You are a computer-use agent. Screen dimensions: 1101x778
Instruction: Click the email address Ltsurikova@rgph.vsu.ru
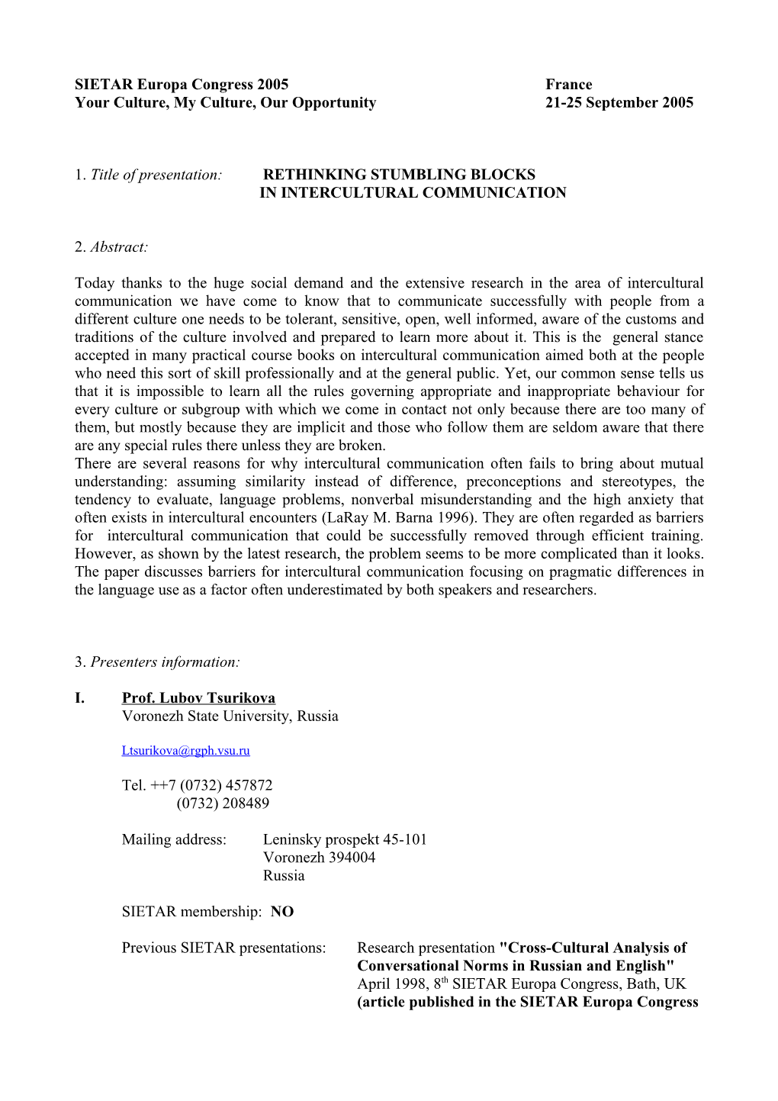pyautogui.click(x=185, y=751)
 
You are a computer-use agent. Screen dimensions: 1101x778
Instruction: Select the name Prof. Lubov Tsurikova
pyautogui.click(x=198, y=698)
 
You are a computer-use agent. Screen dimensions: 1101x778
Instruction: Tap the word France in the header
pyautogui.click(x=568, y=85)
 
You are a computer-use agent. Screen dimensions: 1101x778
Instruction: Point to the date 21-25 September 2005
pyautogui.click(x=619, y=103)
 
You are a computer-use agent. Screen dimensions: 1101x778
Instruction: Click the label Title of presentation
pyautogui.click(x=156, y=175)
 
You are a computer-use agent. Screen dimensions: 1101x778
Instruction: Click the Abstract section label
pyautogui.click(x=118, y=247)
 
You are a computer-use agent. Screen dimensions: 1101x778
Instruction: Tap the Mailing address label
pyautogui.click(x=174, y=840)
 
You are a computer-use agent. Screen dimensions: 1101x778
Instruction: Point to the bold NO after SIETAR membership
pyautogui.click(x=281, y=912)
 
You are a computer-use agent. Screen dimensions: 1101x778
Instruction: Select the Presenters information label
pyautogui.click(x=165, y=662)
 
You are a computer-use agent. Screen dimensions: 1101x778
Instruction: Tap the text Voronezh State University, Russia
pyautogui.click(x=230, y=716)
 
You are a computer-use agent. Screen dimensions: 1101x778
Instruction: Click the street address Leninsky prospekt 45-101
pyautogui.click(x=345, y=840)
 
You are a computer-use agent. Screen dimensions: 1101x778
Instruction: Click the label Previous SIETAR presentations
pyautogui.click(x=223, y=948)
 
